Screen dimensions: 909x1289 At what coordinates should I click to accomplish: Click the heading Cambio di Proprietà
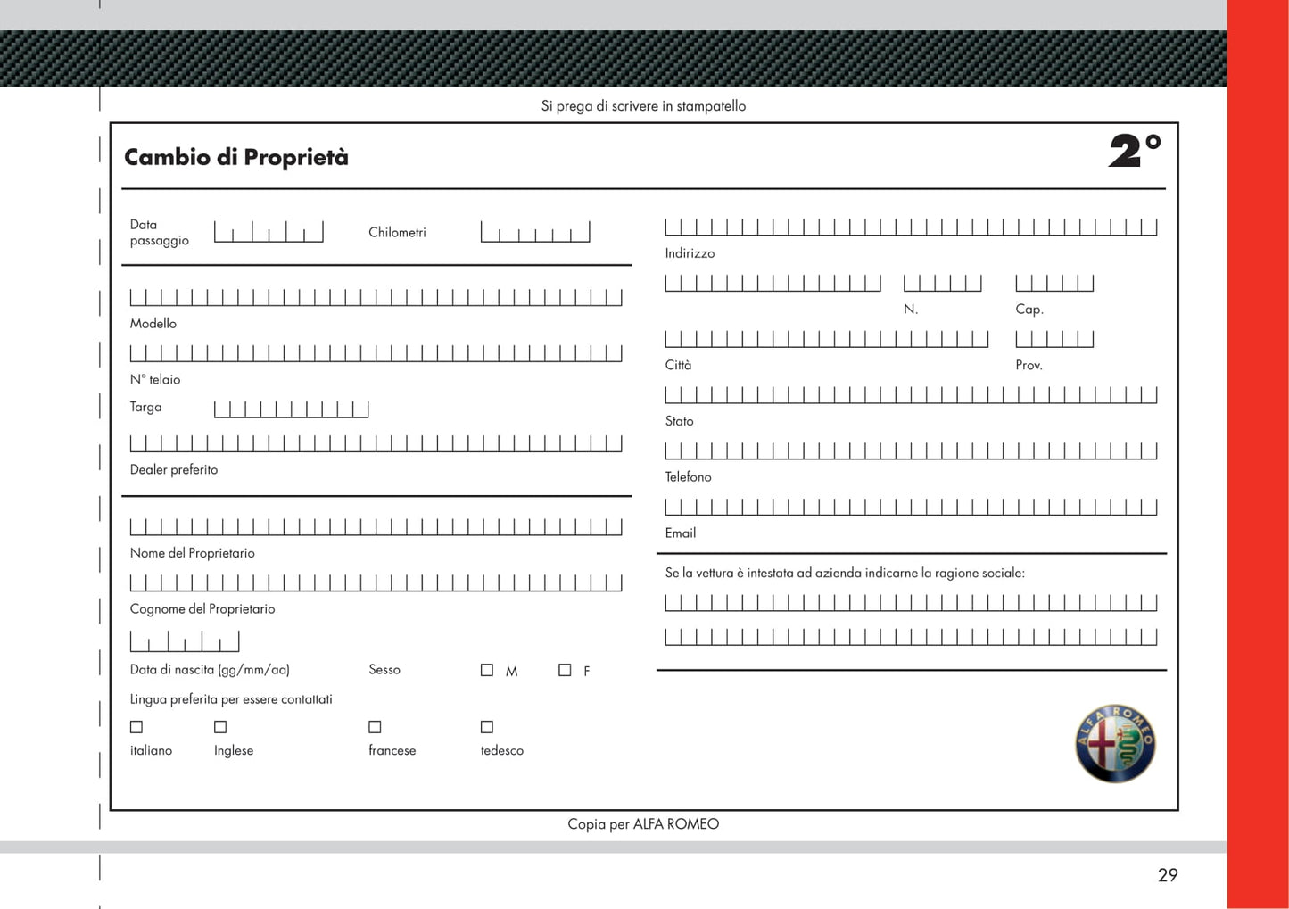point(236,157)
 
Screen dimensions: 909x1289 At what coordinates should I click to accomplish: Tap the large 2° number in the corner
point(1133,151)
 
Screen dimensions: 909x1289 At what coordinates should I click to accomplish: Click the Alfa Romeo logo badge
point(1115,743)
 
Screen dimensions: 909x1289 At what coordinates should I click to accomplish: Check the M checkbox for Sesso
point(487,670)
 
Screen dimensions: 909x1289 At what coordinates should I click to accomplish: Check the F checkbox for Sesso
point(565,670)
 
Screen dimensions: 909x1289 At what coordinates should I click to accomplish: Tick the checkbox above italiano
point(136,727)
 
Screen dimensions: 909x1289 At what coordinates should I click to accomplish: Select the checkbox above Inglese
point(220,727)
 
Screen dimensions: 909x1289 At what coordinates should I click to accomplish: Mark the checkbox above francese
point(375,727)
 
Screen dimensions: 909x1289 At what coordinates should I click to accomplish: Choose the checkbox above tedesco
point(487,727)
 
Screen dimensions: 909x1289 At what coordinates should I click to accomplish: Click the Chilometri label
point(397,233)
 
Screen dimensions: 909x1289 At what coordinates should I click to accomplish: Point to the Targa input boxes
point(291,409)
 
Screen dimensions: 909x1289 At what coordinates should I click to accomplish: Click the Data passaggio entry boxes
point(269,233)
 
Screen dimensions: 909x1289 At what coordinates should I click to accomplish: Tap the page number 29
point(1168,875)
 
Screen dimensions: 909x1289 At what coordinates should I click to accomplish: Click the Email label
point(680,533)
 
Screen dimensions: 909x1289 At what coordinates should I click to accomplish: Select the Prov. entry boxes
point(1054,339)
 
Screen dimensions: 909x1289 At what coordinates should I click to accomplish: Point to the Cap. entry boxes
point(1054,284)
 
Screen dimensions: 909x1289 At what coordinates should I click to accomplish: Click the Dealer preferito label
point(174,470)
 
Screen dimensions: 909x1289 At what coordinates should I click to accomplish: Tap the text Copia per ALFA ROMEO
point(643,824)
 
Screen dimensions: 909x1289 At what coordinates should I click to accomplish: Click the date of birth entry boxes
point(185,641)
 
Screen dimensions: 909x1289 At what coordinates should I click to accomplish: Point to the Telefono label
point(688,477)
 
